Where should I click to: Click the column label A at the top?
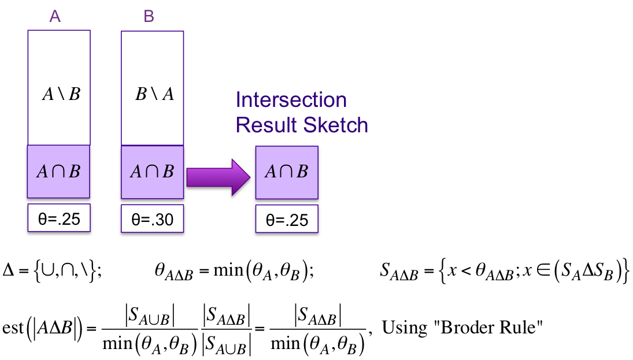click(x=55, y=17)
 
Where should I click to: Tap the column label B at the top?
click(x=149, y=17)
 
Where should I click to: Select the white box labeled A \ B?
click(x=59, y=87)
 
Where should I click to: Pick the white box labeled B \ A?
click(x=153, y=87)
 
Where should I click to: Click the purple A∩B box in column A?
click(x=58, y=172)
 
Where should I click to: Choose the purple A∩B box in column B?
click(x=152, y=172)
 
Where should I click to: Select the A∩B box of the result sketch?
click(x=287, y=172)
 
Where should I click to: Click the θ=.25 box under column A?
click(x=59, y=218)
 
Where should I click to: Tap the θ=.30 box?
click(x=153, y=219)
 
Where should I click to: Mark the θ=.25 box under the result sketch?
click(x=287, y=220)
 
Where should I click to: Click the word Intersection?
click(x=291, y=100)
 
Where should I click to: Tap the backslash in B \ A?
click(x=154, y=94)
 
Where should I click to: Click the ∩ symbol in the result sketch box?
click(x=286, y=172)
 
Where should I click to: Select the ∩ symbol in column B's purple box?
click(x=151, y=172)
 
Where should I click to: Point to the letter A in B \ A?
click(x=168, y=94)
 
